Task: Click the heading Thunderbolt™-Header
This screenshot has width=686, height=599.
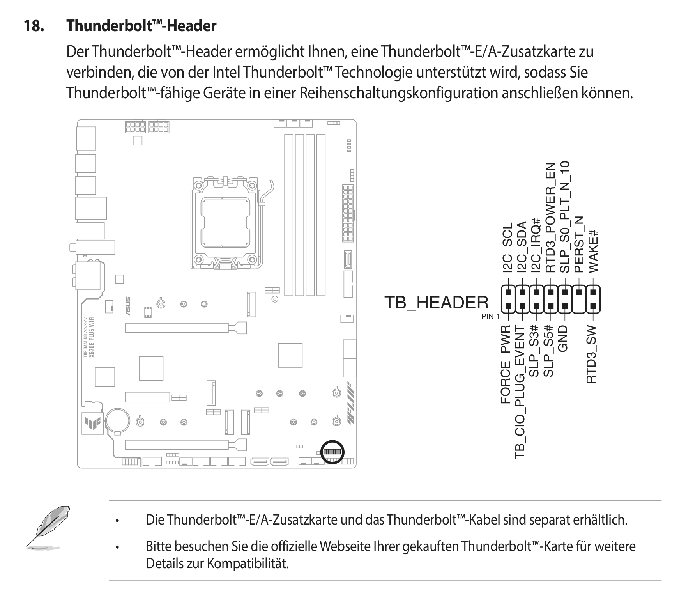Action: click(141, 26)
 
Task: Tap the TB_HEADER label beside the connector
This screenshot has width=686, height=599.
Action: click(436, 303)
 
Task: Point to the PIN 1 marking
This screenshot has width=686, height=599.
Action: click(490, 316)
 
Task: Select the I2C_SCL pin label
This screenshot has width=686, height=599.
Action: click(507, 248)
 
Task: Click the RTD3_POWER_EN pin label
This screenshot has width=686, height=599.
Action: click(550, 218)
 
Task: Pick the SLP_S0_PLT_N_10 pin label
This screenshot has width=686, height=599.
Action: click(565, 217)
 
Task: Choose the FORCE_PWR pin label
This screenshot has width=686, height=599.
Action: click(506, 364)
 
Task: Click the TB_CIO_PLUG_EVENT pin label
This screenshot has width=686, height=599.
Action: click(520, 392)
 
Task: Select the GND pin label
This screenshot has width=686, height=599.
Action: click(564, 338)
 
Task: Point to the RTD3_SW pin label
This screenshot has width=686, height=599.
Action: click(592, 354)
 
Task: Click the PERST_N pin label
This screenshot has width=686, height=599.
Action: click(579, 245)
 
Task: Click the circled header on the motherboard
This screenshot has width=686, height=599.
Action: click(332, 452)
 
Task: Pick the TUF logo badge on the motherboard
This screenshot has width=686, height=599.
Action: click(93, 424)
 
